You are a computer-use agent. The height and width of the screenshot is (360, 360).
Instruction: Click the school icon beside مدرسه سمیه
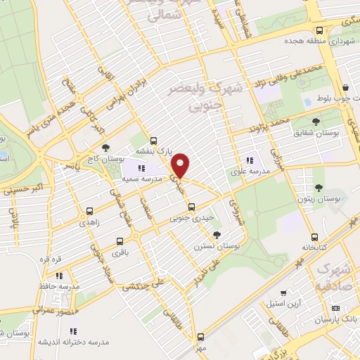(141, 168)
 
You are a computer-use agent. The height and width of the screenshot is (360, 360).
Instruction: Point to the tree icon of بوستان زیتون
(319, 188)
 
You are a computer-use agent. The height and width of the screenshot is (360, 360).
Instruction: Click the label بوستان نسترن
(217, 247)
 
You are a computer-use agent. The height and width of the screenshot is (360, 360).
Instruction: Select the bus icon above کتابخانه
(314, 236)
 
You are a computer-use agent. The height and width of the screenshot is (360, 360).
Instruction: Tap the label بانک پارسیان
(335, 320)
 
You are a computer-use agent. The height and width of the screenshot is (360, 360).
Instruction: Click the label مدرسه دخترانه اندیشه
(79, 342)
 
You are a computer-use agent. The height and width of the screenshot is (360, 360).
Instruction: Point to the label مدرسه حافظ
(59, 286)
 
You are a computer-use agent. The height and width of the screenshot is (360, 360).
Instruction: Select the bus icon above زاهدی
(89, 210)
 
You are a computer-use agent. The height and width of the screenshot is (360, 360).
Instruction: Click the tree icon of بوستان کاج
(105, 148)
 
